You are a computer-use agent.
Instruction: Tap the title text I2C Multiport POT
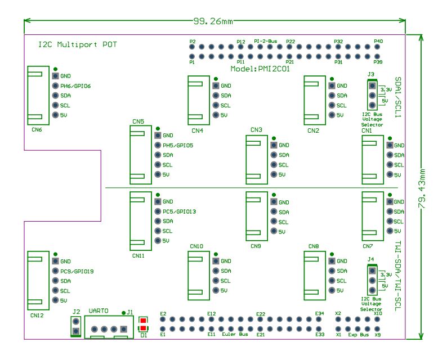[x=78, y=44]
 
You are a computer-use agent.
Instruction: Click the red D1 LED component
[x=144, y=325]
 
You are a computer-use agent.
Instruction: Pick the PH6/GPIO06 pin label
[x=75, y=86]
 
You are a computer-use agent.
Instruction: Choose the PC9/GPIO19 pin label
[x=77, y=271]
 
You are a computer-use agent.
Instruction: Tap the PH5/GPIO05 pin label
[x=177, y=145]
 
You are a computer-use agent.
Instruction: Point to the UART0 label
[x=99, y=311]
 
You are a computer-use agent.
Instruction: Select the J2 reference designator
[x=77, y=311]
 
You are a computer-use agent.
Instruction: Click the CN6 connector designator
[x=37, y=129]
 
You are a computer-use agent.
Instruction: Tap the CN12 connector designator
[x=38, y=315]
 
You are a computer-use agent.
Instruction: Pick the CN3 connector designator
[x=257, y=130]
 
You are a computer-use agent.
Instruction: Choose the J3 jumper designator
[x=370, y=74]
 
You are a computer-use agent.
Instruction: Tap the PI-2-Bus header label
[x=266, y=42]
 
